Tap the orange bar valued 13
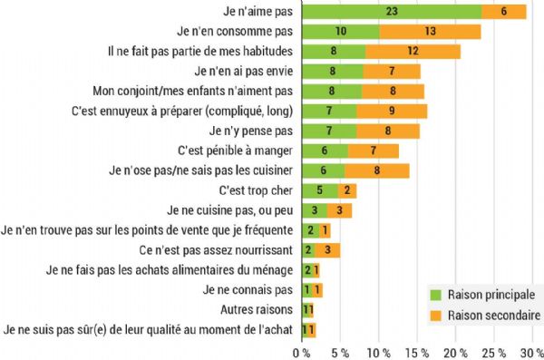coord(430,31)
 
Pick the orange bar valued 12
coord(413,51)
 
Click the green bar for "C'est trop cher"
coord(319,190)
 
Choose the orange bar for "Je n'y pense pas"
coord(387,131)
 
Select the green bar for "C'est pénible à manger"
coord(323,151)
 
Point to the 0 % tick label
coord(300,351)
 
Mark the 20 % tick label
coord(455,351)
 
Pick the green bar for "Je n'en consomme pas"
coord(340,31)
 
